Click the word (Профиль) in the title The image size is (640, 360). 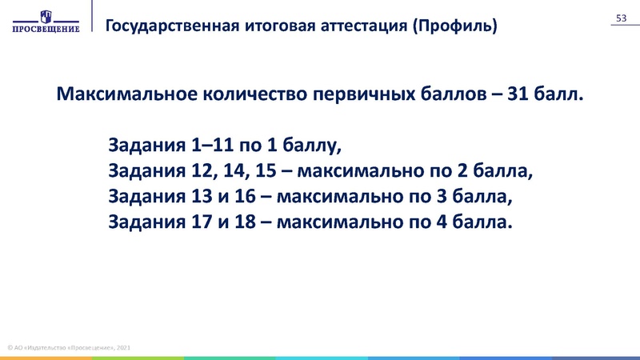(x=454, y=25)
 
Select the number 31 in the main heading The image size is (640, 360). (x=518, y=95)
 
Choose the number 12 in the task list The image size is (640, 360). (x=203, y=171)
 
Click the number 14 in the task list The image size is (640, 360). (x=234, y=171)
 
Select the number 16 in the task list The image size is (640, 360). (x=246, y=196)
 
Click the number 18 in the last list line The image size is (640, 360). (x=246, y=221)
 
